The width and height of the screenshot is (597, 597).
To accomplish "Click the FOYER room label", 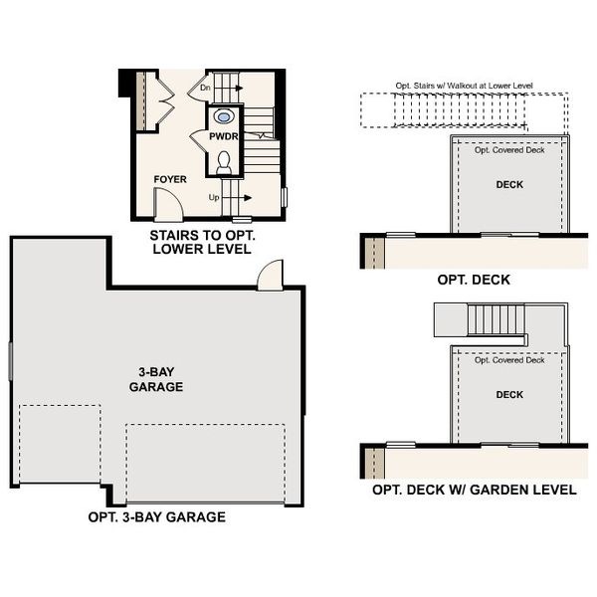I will (170, 179).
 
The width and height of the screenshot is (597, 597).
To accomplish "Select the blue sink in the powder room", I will (224, 114).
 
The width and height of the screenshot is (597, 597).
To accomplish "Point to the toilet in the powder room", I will (224, 161).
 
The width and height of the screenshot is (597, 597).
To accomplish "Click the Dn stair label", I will (206, 89).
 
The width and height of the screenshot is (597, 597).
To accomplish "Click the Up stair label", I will (214, 198).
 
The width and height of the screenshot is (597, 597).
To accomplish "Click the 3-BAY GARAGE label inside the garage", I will (156, 379).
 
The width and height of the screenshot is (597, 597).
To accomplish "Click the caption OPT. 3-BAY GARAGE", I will (156, 516).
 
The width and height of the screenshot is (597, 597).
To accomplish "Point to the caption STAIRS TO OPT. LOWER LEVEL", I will (200, 242).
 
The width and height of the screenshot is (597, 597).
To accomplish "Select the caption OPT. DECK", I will (474, 280).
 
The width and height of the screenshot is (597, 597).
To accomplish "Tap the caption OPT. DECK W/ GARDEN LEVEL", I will (474, 490).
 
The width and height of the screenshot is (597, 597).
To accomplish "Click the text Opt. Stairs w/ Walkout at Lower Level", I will (465, 86).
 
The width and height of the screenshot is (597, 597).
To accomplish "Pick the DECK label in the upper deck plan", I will (509, 184).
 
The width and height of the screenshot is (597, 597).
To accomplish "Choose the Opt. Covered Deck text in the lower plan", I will (509, 360).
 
